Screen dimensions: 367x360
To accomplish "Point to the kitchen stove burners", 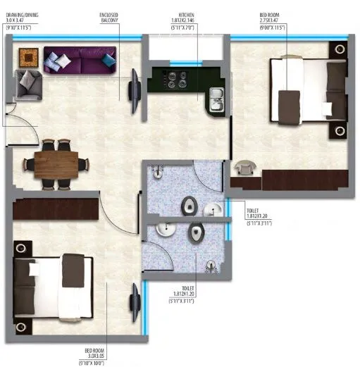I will [172, 79].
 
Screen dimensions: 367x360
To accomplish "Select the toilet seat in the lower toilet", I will [197, 232].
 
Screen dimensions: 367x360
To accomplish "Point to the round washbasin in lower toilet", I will [163, 230].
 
